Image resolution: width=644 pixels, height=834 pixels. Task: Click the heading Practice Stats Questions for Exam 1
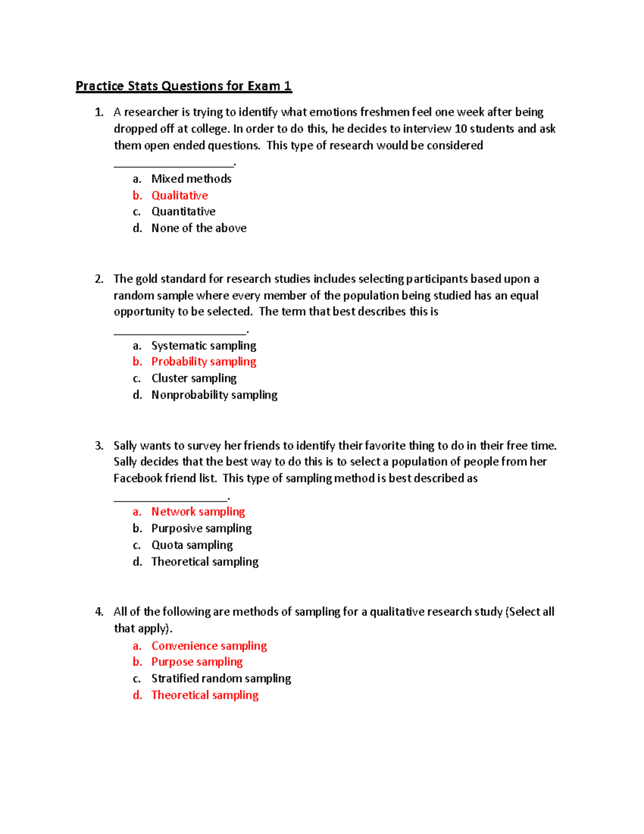point(184,86)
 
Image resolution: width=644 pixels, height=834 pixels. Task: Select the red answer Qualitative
point(179,195)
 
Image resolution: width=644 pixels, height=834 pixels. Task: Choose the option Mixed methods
point(191,179)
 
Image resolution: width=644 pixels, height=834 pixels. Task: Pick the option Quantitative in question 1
point(183,212)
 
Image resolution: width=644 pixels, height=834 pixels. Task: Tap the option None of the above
point(199,228)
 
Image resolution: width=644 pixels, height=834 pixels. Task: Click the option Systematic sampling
point(203,345)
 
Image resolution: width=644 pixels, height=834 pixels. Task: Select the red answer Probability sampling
point(203,361)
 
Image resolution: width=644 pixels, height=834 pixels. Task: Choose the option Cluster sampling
point(194,378)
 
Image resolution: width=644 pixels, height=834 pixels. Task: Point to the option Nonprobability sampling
point(214,395)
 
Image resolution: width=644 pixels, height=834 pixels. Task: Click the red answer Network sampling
point(198,512)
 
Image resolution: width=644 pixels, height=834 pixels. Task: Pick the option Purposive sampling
point(201,528)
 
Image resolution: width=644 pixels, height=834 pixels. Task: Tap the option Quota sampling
point(192,545)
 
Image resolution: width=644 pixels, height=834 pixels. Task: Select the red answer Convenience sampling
point(209,646)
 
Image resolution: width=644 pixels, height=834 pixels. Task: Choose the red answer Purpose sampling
point(196,662)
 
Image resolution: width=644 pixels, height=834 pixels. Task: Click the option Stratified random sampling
point(221,678)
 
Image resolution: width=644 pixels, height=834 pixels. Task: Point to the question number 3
point(98,446)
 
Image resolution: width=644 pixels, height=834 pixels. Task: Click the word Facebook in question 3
point(137,478)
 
